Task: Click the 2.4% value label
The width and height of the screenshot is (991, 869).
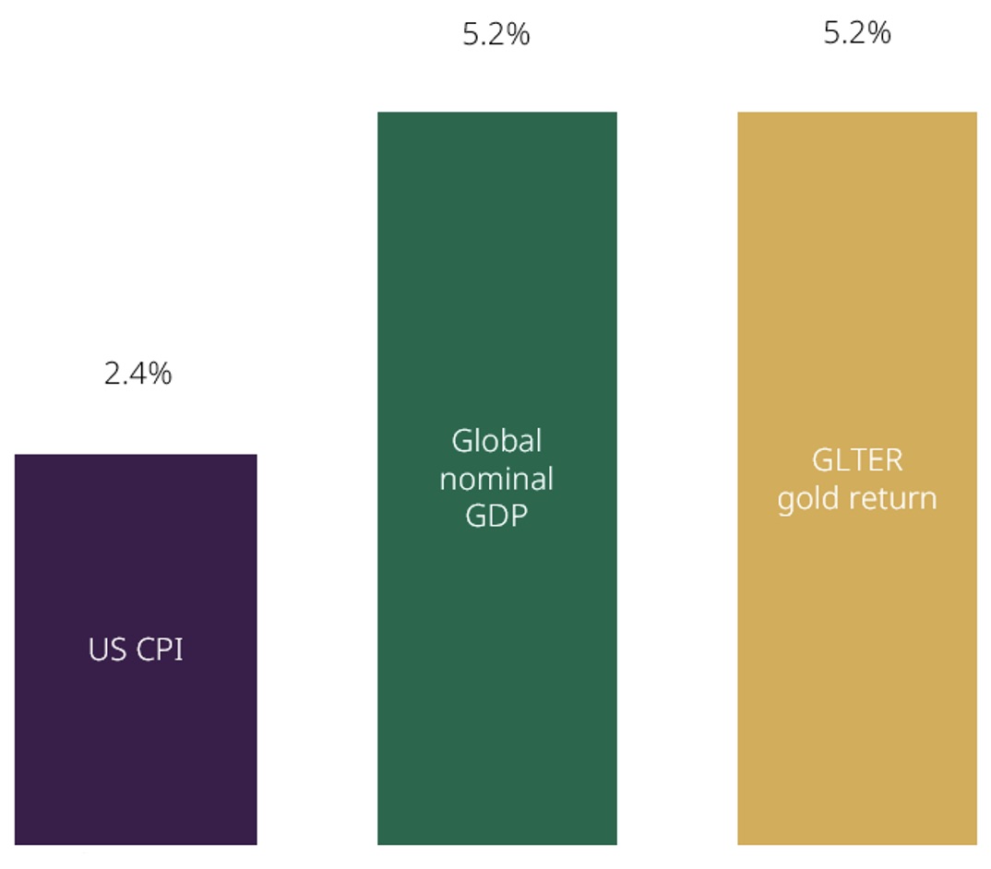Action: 137,374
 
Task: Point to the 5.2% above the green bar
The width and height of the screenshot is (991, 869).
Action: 496,35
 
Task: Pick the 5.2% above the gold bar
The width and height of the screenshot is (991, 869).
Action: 857,33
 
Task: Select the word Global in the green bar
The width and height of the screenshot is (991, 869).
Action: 496,441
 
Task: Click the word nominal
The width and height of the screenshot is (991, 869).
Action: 496,479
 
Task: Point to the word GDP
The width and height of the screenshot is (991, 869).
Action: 496,516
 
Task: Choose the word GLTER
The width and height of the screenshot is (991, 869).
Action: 857,460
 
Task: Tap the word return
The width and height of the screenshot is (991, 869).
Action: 890,499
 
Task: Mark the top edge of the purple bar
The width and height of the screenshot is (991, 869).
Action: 136,455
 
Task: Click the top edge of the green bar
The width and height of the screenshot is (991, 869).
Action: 496,113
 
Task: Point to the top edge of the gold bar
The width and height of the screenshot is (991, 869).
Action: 856,113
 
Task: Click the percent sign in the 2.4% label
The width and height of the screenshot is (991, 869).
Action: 161,374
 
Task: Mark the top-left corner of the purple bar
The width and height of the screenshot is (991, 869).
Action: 16,455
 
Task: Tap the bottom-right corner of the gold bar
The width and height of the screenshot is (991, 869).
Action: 975,843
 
